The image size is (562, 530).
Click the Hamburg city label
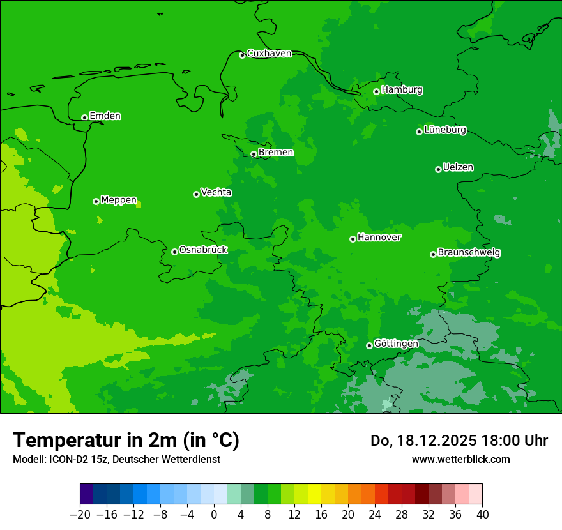pos(402,90)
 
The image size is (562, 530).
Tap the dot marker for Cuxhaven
pos(242,56)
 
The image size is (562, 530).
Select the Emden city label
pos(105,116)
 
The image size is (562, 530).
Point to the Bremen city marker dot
pos(254,154)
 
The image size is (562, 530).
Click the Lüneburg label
pos(444,130)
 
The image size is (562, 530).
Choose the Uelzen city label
pos(458,168)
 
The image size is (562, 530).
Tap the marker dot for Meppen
pos(96,201)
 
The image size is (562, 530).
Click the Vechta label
pos(216,192)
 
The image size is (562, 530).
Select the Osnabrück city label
pos(203,250)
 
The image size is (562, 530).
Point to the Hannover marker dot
pos(353,239)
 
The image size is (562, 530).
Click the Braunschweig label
pos(469,253)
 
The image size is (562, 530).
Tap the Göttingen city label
pos(396,344)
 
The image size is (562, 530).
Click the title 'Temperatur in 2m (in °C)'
pos(126,441)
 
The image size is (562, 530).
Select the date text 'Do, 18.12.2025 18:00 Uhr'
pos(459,441)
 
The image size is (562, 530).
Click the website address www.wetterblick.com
pos(460,459)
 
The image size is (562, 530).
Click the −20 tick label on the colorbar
pos(80,515)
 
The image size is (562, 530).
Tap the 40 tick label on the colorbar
pos(482,515)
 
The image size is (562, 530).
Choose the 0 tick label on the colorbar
pos(214,515)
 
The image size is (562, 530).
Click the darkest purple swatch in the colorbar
pos(87,494)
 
